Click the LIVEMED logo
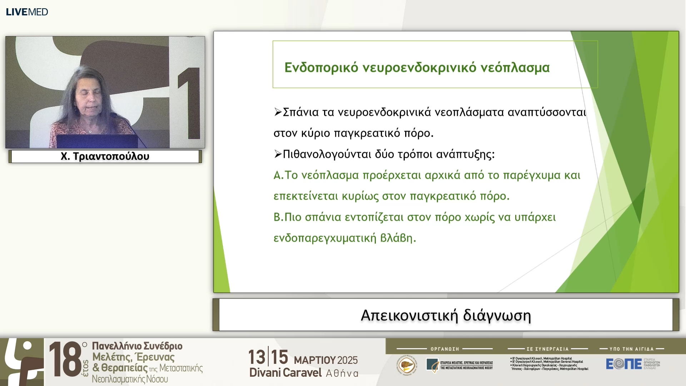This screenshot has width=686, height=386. pyautogui.click(x=27, y=12)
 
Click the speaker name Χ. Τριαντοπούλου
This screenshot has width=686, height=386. pyautogui.click(x=105, y=157)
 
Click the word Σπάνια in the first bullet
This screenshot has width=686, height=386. pyautogui.click(x=300, y=112)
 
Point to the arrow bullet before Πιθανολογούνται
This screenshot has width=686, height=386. pyautogui.click(x=278, y=154)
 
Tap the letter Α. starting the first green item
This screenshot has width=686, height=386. pyautogui.click(x=278, y=175)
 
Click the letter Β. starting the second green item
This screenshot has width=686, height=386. pyautogui.click(x=278, y=217)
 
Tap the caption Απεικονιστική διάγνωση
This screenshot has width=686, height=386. pyautogui.click(x=446, y=315)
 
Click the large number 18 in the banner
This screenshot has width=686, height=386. pyautogui.click(x=65, y=359)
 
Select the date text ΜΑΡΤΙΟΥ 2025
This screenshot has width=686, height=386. pyautogui.click(x=325, y=360)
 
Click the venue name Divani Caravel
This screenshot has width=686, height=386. pyautogui.click(x=285, y=373)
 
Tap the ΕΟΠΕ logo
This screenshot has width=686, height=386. pyautogui.click(x=623, y=364)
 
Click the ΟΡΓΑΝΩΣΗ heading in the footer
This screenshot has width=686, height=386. pyautogui.click(x=444, y=349)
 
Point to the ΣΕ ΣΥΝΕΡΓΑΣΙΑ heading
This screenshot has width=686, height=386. pyautogui.click(x=547, y=349)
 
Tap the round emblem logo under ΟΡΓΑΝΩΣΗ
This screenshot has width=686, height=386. pyautogui.click(x=407, y=365)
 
